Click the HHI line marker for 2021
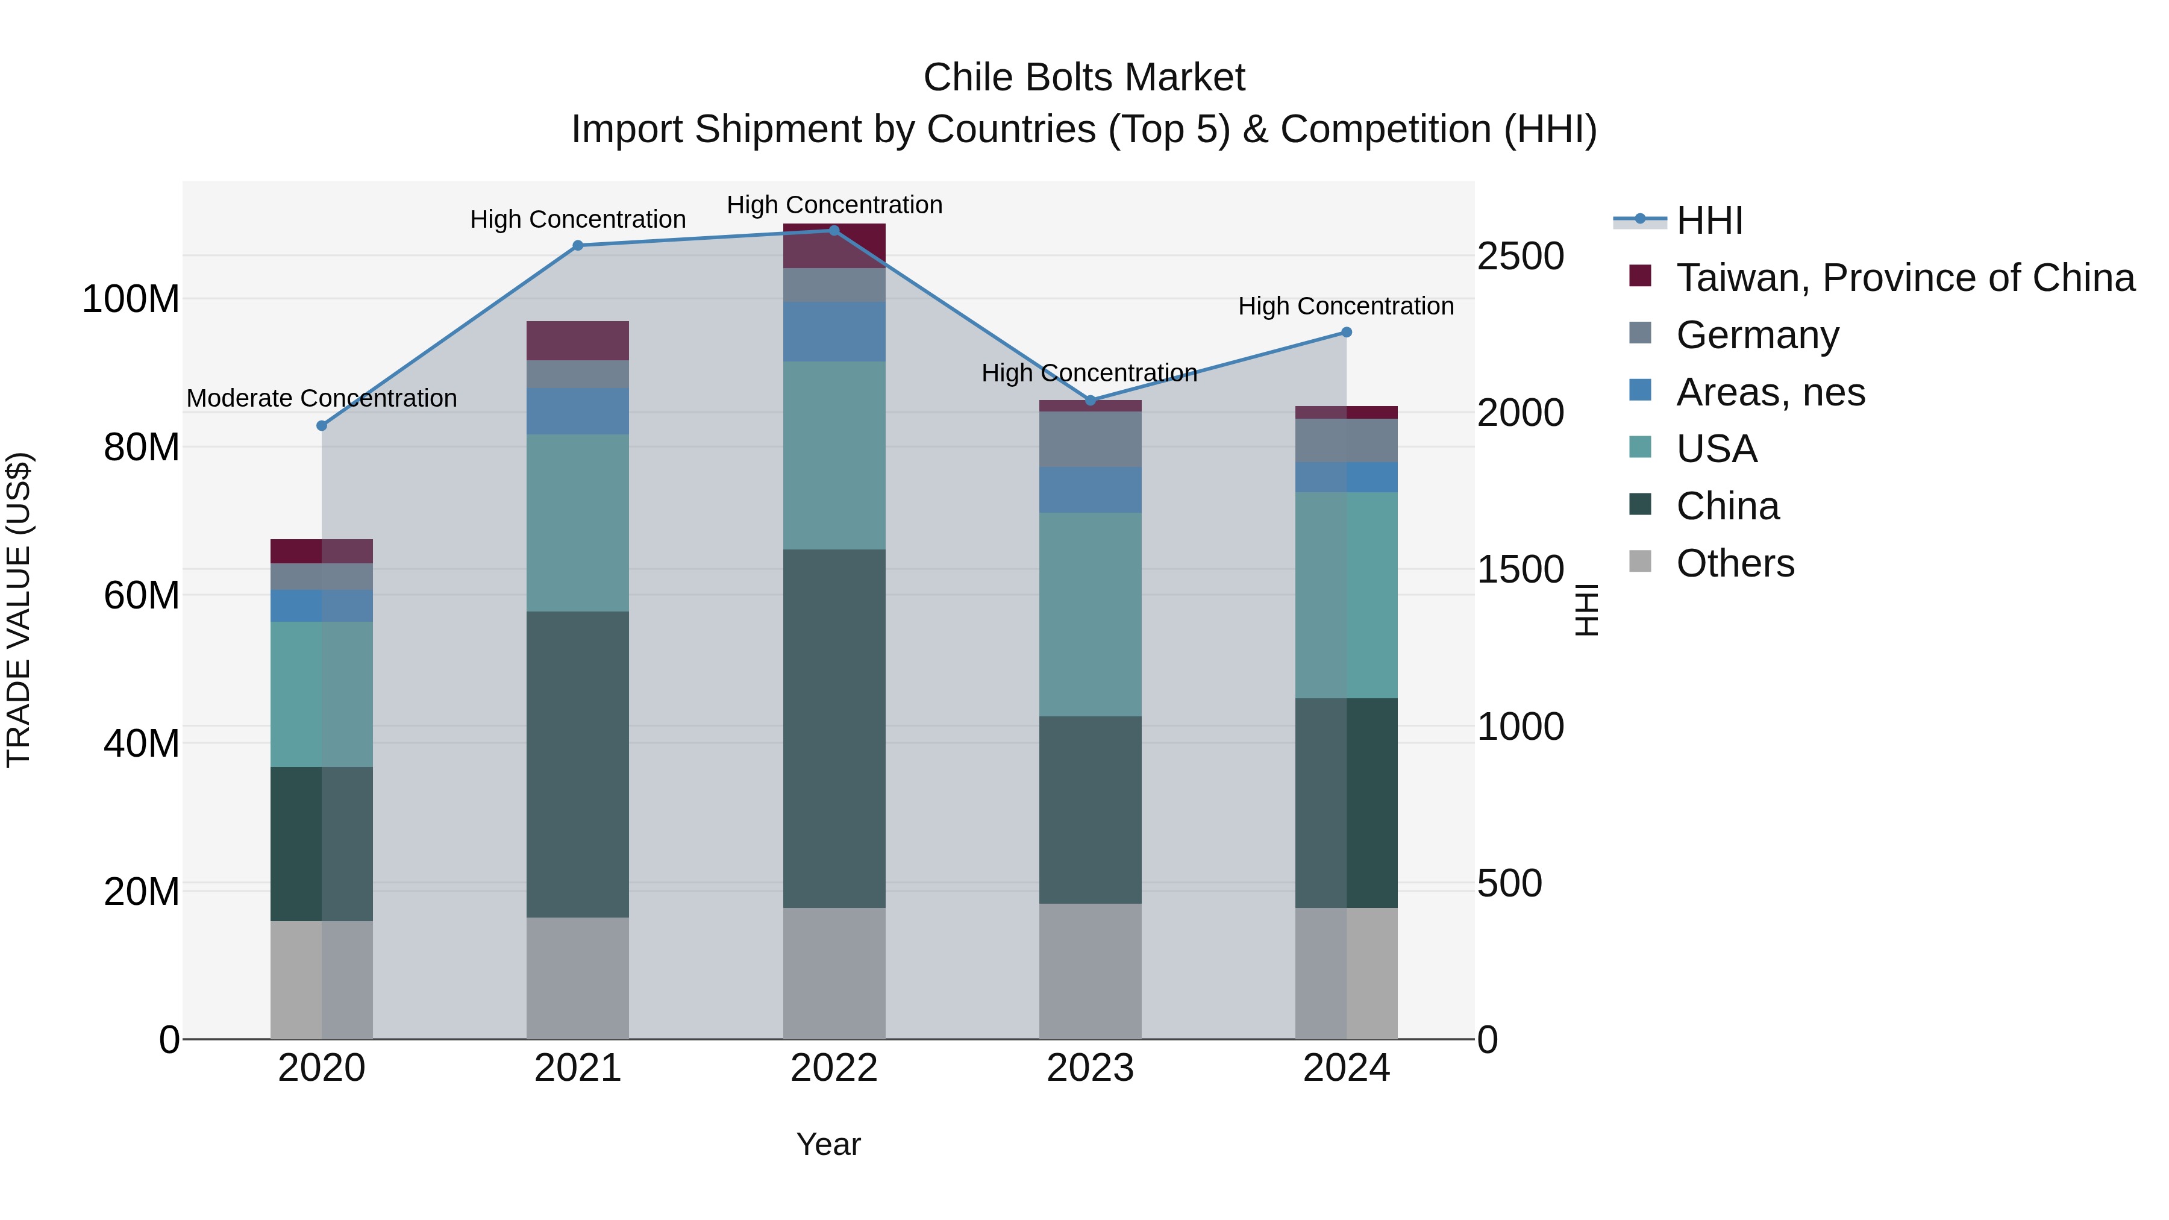[578, 246]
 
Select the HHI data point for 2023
[1091, 401]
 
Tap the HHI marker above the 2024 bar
[1347, 333]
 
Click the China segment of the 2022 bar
[834, 728]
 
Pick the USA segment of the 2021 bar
[578, 523]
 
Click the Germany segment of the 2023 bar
[1091, 440]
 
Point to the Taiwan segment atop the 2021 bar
[578, 341]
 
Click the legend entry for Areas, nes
[1770, 392]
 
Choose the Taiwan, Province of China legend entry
[1905, 278]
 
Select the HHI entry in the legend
[1709, 221]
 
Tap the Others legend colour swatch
[1640, 562]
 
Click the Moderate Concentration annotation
[322, 398]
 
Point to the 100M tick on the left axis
[131, 300]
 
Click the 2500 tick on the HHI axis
[1521, 256]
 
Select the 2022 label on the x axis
[834, 1068]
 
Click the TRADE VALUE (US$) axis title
[19, 610]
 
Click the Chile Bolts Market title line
[1084, 78]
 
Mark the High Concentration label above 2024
[1345, 307]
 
